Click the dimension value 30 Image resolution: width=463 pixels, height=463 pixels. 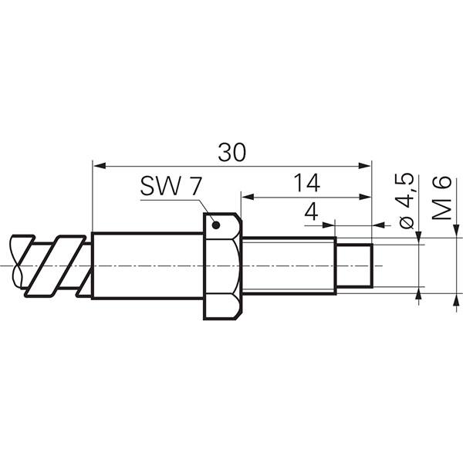[x=231, y=152]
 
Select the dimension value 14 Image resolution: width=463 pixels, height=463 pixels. [x=307, y=183]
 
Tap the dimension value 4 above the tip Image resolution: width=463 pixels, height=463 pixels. [x=311, y=211]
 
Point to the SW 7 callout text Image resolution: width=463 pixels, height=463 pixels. [x=171, y=186]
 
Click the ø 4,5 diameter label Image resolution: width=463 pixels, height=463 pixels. [x=407, y=201]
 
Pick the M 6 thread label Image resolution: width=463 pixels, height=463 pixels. [x=441, y=198]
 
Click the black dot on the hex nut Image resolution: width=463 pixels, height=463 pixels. [x=216, y=225]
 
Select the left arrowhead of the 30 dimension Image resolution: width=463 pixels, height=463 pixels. [x=100, y=166]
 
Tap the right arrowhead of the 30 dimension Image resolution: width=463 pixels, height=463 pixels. [x=364, y=166]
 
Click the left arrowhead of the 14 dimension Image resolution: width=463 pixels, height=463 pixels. [x=248, y=197]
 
